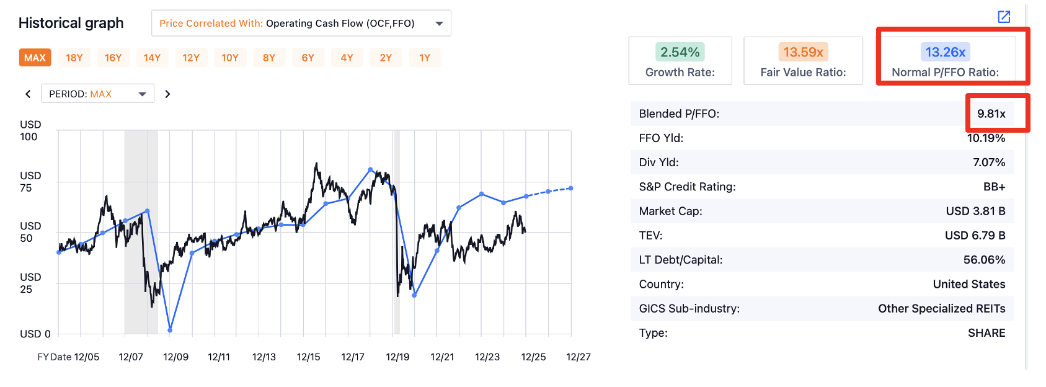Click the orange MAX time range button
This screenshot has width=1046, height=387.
[x=35, y=58]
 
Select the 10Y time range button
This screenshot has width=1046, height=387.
[x=230, y=58]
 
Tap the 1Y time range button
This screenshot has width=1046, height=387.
[x=425, y=58]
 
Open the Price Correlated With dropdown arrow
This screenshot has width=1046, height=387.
[x=439, y=24]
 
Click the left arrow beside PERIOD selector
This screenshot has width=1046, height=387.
[x=28, y=94]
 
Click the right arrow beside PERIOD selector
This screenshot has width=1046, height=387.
[x=167, y=94]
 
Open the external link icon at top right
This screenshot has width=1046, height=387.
[x=1004, y=17]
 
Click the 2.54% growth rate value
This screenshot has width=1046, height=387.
[x=680, y=52]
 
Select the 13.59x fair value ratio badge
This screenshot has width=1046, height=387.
[x=803, y=52]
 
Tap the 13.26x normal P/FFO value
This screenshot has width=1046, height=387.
[x=945, y=52]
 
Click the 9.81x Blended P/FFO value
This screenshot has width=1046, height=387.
[x=991, y=113]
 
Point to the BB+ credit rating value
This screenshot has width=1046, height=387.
[x=994, y=187]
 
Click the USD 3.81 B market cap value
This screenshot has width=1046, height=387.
[x=975, y=211]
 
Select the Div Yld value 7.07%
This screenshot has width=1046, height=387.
[x=988, y=162]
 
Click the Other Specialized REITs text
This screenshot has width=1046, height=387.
[x=941, y=308]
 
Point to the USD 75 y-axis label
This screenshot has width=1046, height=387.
[x=30, y=182]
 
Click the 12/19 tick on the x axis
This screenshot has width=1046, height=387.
[x=397, y=357]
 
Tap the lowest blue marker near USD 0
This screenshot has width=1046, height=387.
[x=170, y=330]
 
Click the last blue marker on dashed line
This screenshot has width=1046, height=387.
[x=570, y=188]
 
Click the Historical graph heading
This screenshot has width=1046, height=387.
[x=71, y=23]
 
